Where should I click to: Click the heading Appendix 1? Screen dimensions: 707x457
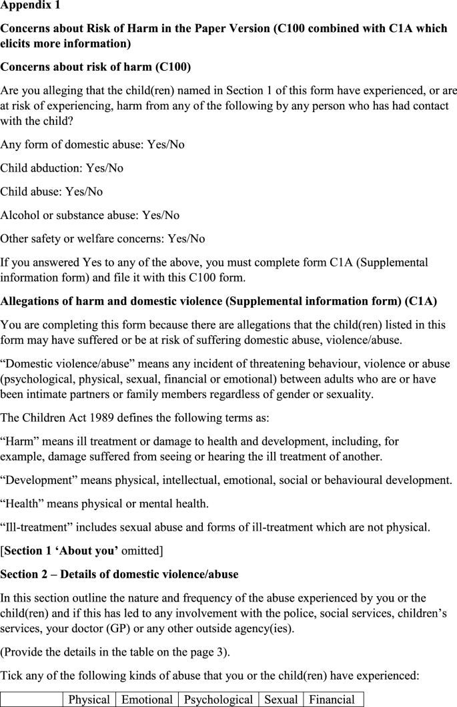31,9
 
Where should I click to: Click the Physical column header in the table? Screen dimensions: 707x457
89,699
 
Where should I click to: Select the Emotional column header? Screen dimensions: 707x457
147,699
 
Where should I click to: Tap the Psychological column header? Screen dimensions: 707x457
218,699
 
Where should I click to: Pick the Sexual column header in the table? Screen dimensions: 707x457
280,699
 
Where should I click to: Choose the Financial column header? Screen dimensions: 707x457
332,699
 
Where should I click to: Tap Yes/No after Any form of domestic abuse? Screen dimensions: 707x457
163,145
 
